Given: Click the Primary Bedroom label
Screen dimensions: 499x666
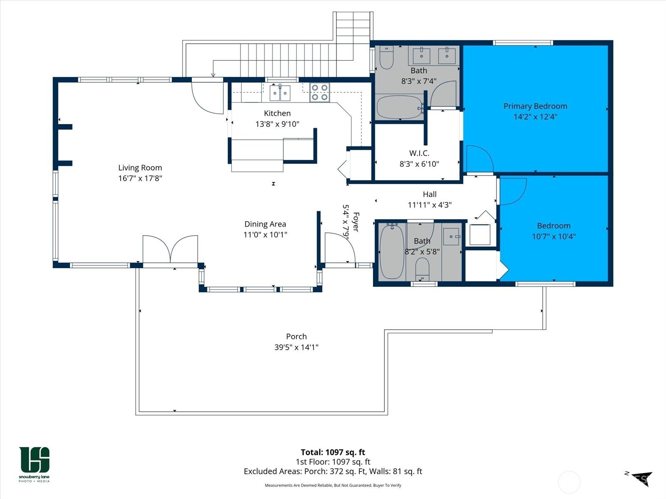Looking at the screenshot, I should point(535,106).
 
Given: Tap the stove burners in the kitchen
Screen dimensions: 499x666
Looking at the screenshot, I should point(320,92).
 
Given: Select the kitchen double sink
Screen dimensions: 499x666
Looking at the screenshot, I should point(280,93).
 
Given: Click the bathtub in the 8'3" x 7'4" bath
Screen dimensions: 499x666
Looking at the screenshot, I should point(399,107).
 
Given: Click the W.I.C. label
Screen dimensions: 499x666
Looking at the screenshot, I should point(419,153).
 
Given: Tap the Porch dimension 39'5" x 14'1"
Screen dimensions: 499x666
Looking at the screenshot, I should point(296,347).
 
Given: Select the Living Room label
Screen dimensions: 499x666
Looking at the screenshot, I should point(140,168).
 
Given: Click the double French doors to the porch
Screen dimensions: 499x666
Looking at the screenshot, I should point(170,249).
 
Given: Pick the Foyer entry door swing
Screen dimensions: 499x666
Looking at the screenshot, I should point(339,247).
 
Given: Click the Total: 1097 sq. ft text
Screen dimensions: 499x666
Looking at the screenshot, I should point(333,452).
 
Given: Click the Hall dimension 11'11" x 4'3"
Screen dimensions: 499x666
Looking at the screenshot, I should point(430,205).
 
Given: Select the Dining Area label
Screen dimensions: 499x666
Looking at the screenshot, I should point(265,224).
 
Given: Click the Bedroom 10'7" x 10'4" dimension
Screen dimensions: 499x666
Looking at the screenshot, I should point(554,237).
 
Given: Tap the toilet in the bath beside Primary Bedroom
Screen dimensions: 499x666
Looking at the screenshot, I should point(387,57).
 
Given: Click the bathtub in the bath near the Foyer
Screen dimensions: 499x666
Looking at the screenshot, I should point(392,251).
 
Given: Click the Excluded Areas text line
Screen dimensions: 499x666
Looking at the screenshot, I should point(333,471).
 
